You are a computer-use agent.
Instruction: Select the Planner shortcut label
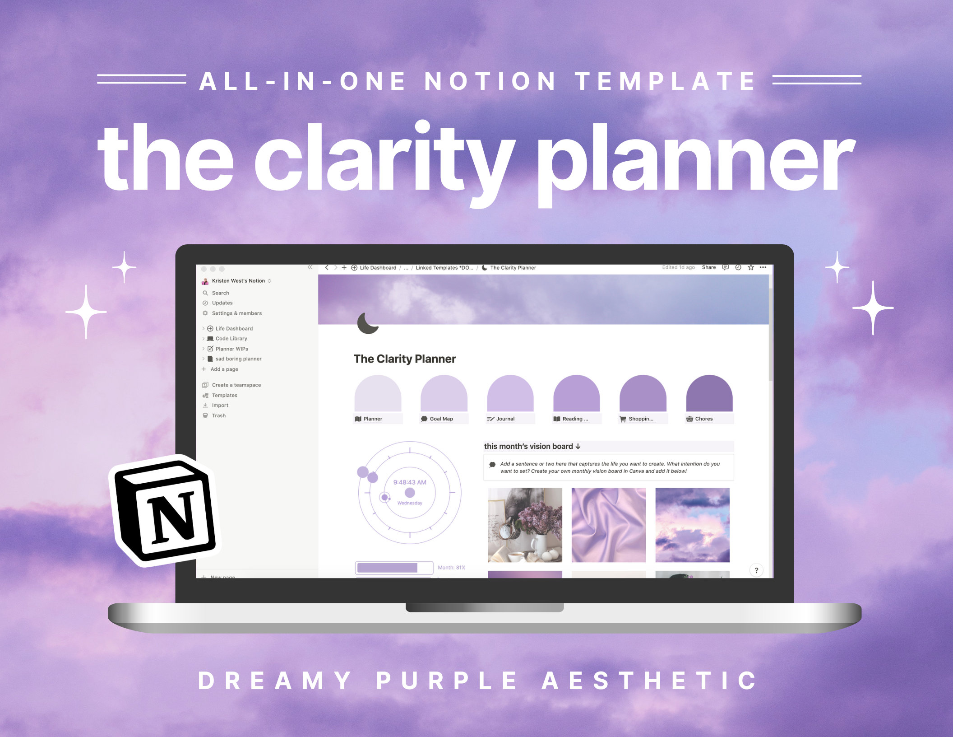(373, 419)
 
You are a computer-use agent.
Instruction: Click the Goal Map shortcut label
(441, 419)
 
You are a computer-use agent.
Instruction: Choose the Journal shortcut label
(505, 419)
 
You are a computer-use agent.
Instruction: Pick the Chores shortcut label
(703, 419)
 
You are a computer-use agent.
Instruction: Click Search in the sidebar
(220, 293)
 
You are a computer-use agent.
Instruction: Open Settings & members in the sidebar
(236, 313)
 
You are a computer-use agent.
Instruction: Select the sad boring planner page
(238, 359)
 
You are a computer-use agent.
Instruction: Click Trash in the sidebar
(218, 415)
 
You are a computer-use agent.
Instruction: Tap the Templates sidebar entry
(224, 395)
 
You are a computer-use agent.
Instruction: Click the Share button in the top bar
(708, 267)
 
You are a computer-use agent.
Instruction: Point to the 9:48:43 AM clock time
(409, 482)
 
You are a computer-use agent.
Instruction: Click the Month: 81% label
(451, 568)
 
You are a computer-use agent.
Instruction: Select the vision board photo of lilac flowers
(525, 525)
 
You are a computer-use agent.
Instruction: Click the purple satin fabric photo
(608, 525)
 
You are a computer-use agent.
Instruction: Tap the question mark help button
(756, 570)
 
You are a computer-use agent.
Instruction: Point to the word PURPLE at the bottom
(447, 681)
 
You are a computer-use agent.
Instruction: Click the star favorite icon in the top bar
(751, 267)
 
